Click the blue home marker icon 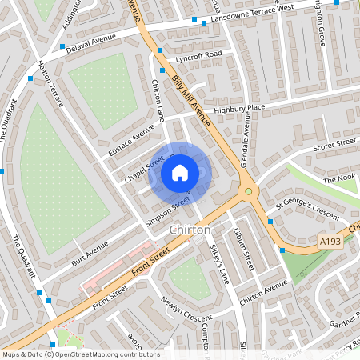point(180,173)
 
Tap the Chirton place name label point(190,230)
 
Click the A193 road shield point(330,241)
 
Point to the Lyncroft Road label point(199,55)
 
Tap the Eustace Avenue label point(131,139)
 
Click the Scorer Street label point(334,144)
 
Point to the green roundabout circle point(249,191)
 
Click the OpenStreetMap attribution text point(81,354)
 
